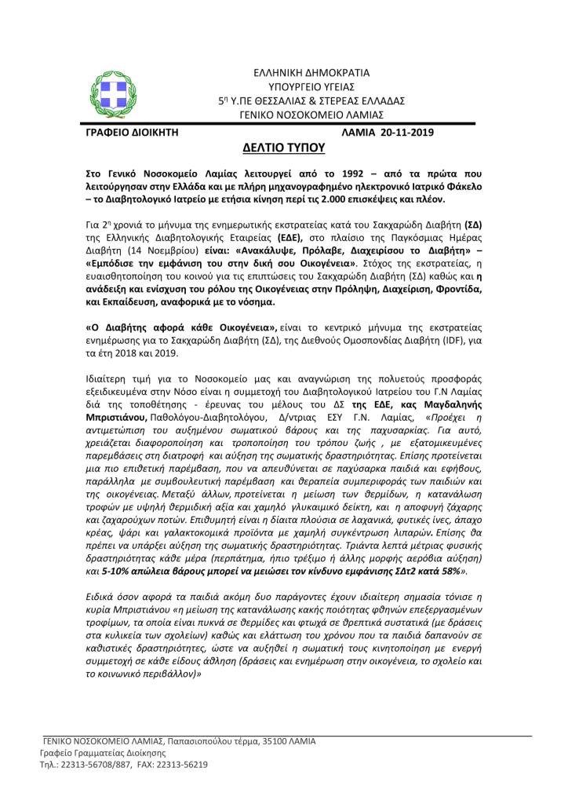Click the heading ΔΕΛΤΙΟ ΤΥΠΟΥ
click(284, 147)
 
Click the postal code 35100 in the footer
click(276, 740)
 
